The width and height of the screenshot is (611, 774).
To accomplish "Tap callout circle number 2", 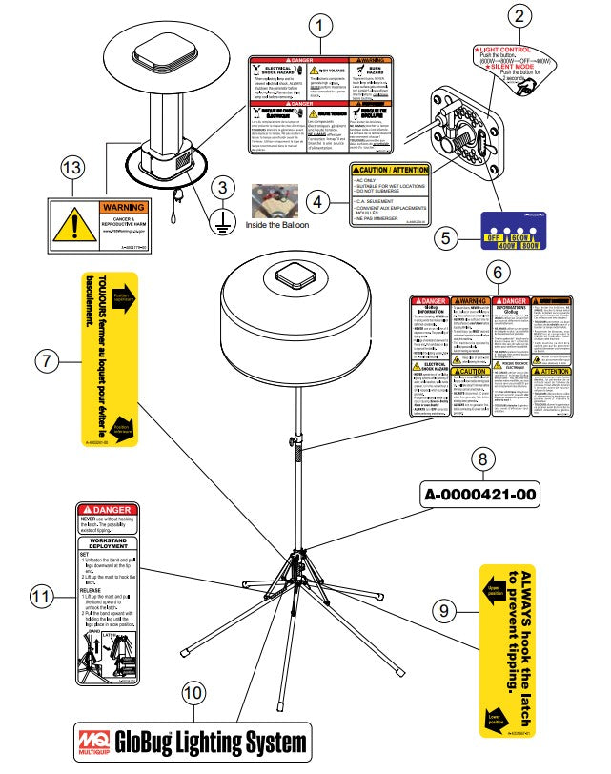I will pos(519,15).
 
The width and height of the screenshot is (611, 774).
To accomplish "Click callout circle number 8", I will pos(483,459).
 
